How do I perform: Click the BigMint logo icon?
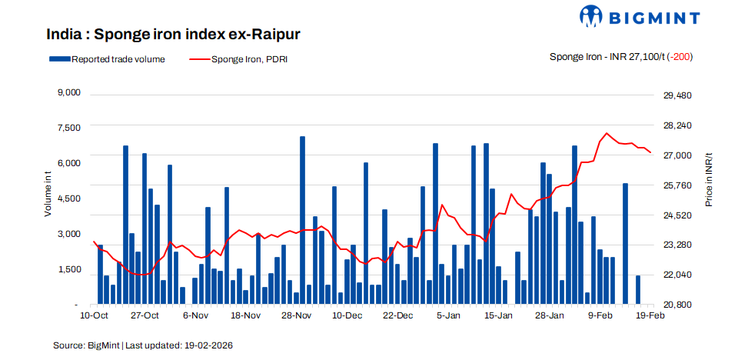594,18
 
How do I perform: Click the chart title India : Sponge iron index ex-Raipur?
173,35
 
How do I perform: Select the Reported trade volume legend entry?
107,58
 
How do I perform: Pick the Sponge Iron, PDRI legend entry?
238,58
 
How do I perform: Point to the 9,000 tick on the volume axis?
69,93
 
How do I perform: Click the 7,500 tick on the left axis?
69,128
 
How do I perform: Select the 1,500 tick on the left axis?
69,269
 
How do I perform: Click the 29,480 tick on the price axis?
677,95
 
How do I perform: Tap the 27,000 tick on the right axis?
677,155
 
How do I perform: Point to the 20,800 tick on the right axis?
677,305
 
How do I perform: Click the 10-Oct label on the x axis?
94,315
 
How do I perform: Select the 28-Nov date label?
297,315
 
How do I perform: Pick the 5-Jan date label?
448,315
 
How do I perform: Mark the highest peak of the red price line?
607,134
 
